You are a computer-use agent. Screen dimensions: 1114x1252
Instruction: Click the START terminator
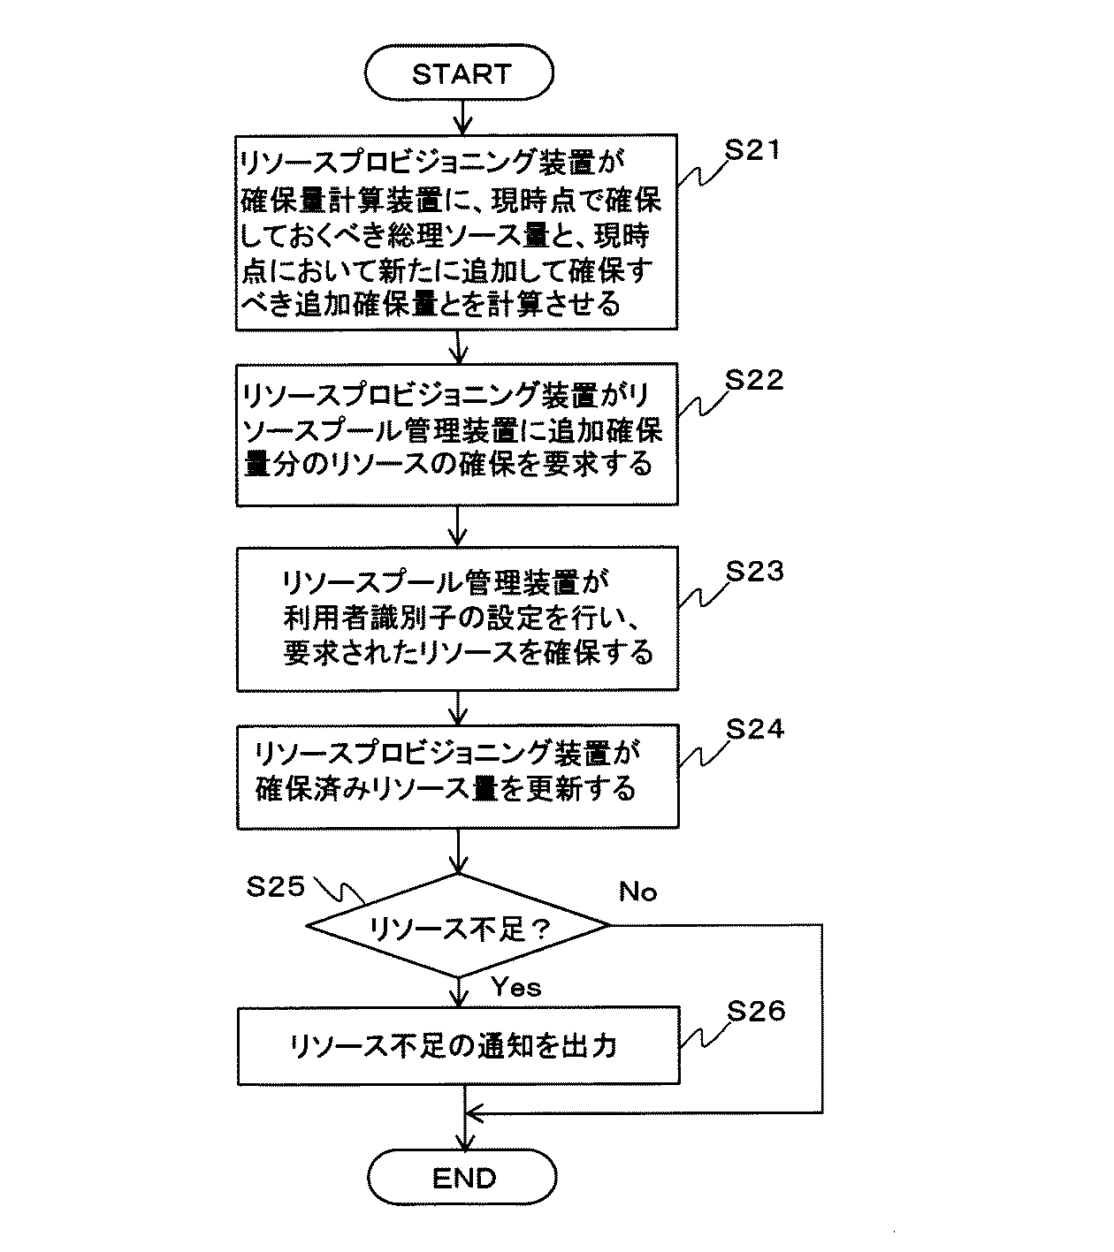459,72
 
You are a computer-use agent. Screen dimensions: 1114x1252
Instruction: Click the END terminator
462,1177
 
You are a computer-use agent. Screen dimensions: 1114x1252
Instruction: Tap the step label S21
752,150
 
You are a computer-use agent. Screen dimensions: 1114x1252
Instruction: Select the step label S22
754,379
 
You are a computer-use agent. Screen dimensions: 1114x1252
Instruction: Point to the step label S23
755,571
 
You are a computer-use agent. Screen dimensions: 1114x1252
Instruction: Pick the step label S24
755,729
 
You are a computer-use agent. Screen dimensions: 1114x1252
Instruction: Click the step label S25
275,886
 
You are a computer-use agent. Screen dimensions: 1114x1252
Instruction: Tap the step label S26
756,1011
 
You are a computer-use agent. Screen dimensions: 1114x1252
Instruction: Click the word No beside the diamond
637,892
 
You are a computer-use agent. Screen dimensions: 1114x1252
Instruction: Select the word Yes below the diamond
515,987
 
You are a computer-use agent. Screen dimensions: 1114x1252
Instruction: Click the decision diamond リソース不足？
458,925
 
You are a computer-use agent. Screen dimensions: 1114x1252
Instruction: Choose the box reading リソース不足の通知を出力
458,1045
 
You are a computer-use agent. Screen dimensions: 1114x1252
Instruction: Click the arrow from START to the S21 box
462,117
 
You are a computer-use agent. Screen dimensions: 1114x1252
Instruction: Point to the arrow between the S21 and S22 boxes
458,346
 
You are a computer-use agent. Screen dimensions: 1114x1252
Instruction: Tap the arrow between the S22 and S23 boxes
457,526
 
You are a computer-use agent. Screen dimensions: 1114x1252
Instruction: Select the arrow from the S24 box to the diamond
458,851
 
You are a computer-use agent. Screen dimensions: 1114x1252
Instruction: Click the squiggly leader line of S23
704,595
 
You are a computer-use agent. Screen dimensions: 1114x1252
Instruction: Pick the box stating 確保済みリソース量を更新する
458,777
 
